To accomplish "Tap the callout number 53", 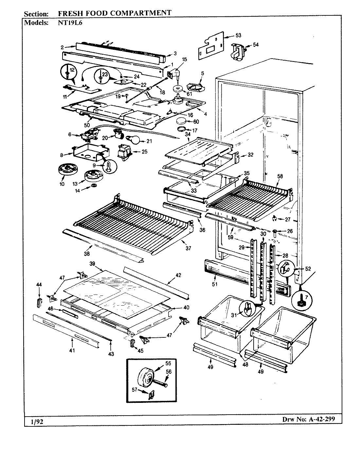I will (x=238, y=35).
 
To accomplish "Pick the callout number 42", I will (x=178, y=276).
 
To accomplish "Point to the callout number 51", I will (x=214, y=284).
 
